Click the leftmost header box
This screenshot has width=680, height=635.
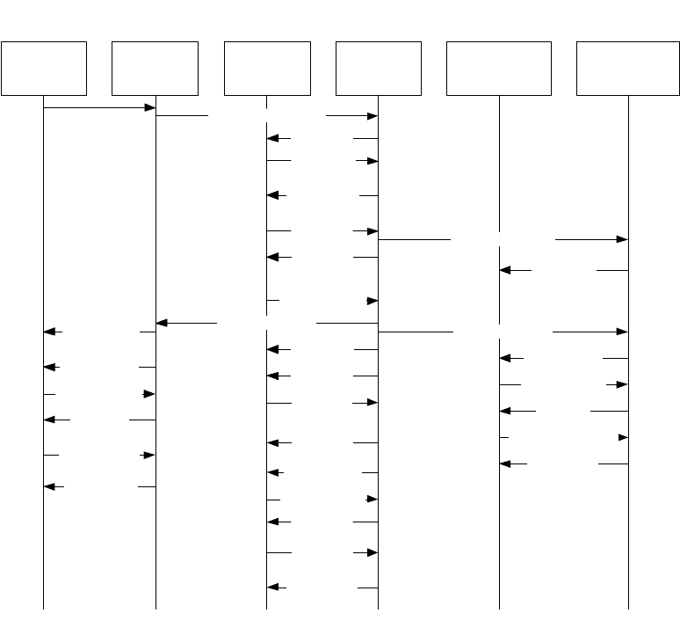tap(44, 68)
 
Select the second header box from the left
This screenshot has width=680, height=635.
tap(156, 68)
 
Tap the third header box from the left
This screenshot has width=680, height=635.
tap(267, 68)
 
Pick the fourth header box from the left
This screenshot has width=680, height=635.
tap(379, 68)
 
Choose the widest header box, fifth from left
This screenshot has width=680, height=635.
tap(499, 68)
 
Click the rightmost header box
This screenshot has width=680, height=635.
tap(628, 68)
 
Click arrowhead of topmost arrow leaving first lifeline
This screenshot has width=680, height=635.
tap(150, 107)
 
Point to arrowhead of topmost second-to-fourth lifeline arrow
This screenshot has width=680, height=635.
tap(373, 116)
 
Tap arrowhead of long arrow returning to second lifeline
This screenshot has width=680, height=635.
tap(162, 324)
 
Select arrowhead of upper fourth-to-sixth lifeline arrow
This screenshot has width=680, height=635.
tap(623, 239)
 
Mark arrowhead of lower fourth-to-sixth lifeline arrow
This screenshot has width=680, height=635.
tap(623, 332)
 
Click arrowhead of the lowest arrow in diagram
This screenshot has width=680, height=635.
tap(272, 588)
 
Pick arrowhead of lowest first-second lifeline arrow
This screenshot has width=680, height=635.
tap(49, 486)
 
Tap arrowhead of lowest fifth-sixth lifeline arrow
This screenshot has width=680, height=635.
tap(505, 463)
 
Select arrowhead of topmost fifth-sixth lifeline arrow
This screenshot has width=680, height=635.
tap(505, 271)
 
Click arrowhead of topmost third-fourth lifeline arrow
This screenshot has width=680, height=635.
tap(272, 138)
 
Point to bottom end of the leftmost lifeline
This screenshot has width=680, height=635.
tap(44, 608)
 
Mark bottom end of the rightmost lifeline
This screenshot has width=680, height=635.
tap(628, 608)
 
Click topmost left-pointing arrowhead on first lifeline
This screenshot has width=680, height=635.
tap(49, 332)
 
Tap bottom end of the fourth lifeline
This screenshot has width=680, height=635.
tap(379, 608)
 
